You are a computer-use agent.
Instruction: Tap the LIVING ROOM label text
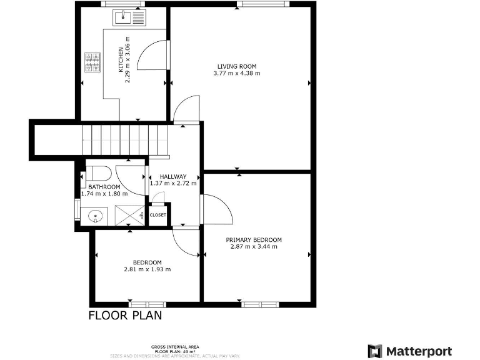237,66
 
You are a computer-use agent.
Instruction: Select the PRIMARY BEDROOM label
254,240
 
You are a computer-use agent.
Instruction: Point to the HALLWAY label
173,176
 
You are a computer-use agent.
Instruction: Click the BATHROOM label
104,187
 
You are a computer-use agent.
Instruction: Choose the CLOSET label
158,215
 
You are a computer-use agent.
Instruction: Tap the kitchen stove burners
92,61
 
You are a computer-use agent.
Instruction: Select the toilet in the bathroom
99,172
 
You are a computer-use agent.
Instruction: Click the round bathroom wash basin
96,217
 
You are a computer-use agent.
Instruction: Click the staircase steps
125,138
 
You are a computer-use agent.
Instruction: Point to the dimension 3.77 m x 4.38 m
237,73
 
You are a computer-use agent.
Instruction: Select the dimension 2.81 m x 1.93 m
147,269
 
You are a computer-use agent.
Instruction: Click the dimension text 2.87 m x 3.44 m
254,247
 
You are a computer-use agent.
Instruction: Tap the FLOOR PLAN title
125,316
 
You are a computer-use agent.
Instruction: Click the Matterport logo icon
375,351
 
